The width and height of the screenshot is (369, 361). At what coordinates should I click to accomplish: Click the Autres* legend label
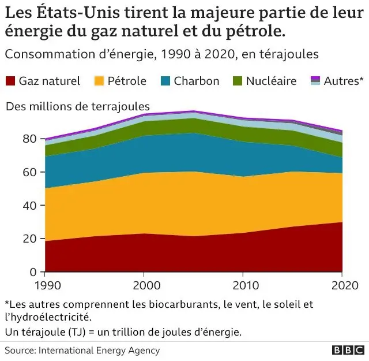(344, 81)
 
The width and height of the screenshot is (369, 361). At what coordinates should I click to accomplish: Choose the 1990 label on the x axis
(45, 285)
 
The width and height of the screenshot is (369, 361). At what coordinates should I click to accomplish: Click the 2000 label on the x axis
(144, 285)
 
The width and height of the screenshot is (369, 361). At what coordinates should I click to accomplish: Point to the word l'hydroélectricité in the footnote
(47, 317)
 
